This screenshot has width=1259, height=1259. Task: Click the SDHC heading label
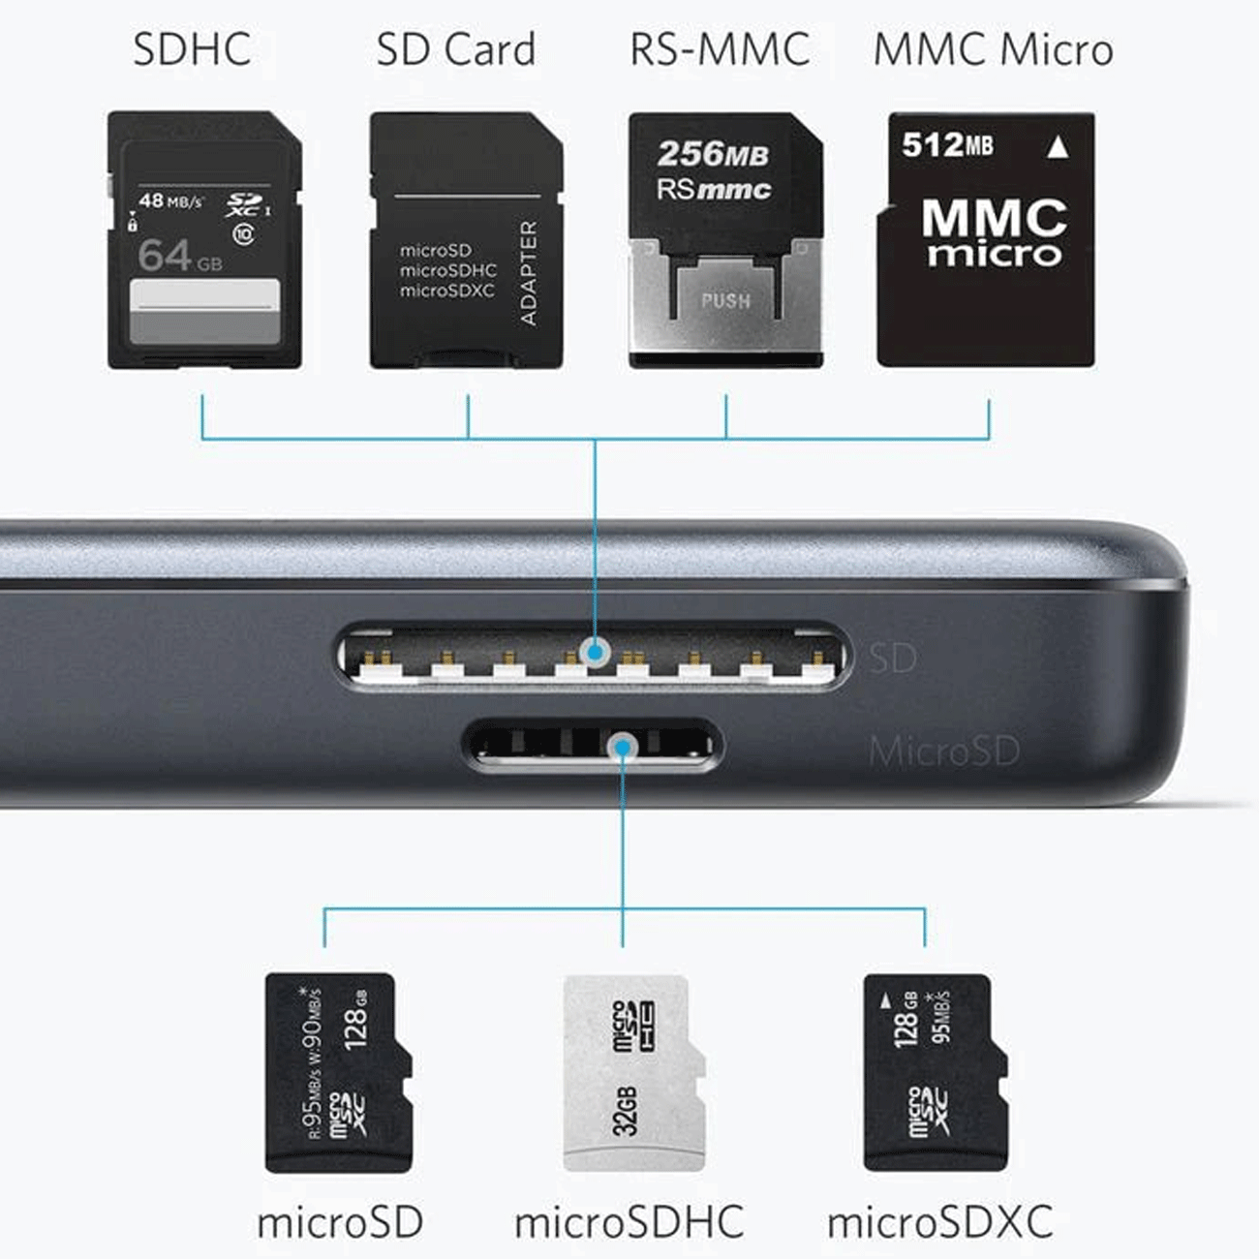click(x=192, y=50)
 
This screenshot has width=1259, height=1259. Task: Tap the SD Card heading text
click(x=455, y=50)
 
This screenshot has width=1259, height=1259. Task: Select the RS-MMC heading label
click(x=720, y=50)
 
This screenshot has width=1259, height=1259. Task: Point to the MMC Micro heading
click(x=993, y=50)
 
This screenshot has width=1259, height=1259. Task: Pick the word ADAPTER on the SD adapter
click(x=528, y=273)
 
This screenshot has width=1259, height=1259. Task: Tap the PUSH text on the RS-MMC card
click(x=725, y=301)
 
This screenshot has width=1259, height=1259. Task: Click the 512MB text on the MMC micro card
click(x=947, y=145)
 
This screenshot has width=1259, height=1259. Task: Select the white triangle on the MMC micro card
click(x=1058, y=147)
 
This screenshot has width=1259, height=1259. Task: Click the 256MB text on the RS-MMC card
click(x=713, y=154)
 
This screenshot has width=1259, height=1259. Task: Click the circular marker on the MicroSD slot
click(x=623, y=746)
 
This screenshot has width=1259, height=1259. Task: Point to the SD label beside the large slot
click(x=892, y=659)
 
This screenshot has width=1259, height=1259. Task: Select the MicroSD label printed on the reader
click(x=943, y=752)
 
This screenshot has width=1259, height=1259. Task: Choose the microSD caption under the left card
click(x=340, y=1222)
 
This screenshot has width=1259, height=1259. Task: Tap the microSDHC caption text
click(x=629, y=1222)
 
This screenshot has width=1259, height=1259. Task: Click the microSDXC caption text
click(x=939, y=1222)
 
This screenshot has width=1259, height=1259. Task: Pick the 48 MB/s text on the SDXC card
click(x=171, y=201)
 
